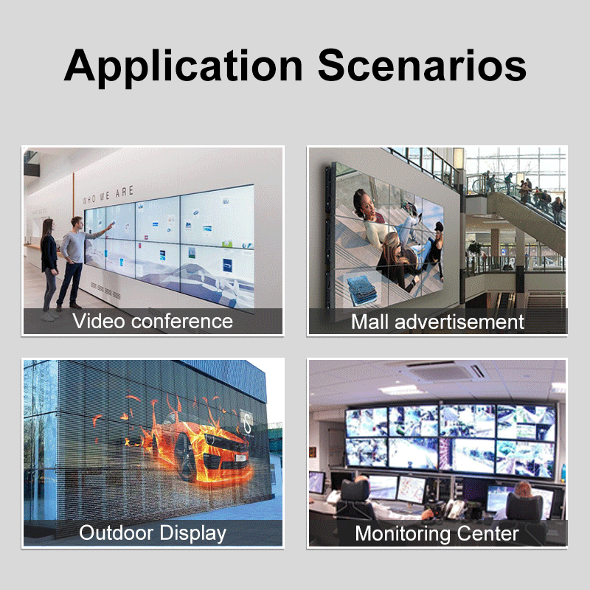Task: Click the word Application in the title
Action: pos(183,67)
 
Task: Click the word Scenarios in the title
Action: pos(422,66)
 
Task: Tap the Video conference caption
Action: pos(153,322)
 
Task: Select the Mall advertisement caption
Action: pos(437,322)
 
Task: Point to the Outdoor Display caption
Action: pos(153,533)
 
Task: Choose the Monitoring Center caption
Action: pos(437,533)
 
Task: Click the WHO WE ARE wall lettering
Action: pos(108,195)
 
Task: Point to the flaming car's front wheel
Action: pos(185,457)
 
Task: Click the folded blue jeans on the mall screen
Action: pos(361,290)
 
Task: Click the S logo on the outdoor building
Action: pos(247,423)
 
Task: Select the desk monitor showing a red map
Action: pos(412,490)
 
